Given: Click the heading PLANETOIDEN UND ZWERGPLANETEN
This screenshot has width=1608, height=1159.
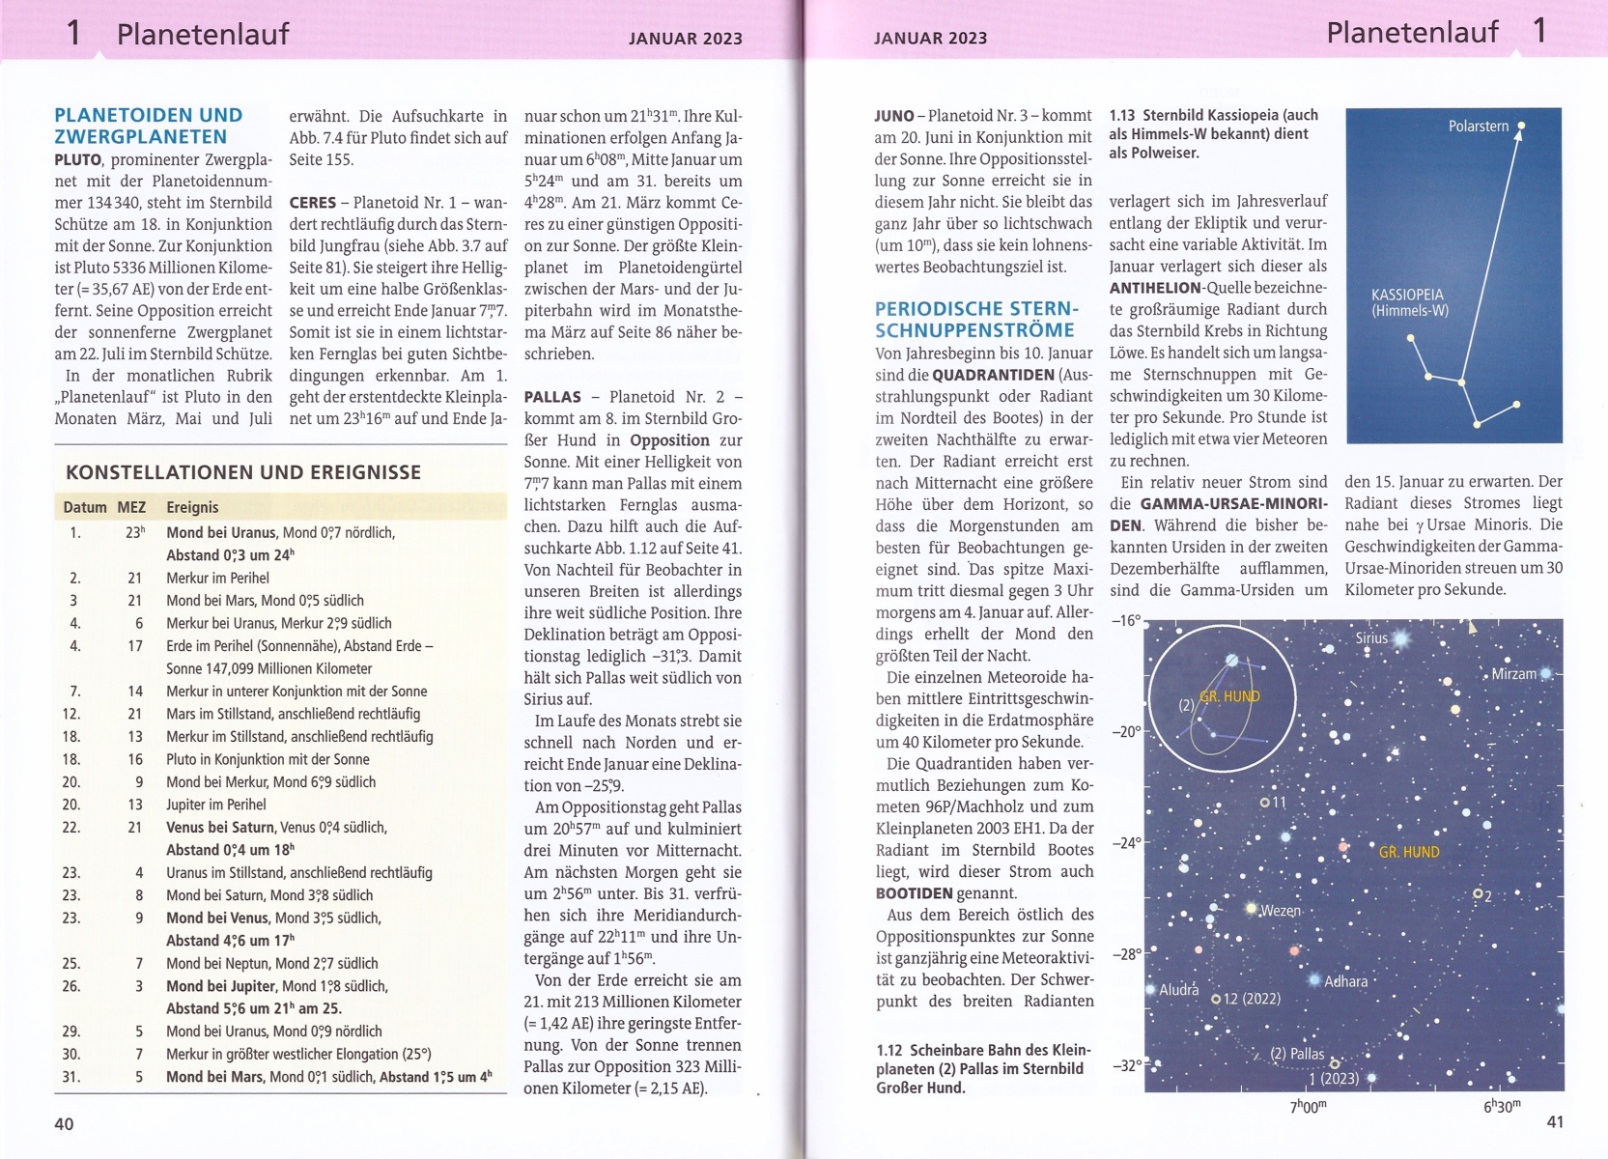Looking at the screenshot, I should pyautogui.click(x=149, y=127).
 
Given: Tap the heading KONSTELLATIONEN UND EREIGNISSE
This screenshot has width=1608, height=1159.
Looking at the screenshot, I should pyautogui.click(x=243, y=472).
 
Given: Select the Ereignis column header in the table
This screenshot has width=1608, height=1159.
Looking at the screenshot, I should pyautogui.click(x=192, y=507).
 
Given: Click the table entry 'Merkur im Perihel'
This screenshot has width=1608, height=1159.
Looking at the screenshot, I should pyautogui.click(x=217, y=578).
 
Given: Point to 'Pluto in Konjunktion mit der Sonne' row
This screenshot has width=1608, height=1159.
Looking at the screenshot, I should pyautogui.click(x=268, y=759).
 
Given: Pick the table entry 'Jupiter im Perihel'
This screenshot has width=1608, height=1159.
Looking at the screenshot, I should pyautogui.click(x=216, y=805).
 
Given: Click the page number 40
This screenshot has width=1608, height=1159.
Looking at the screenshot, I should pyautogui.click(x=64, y=1123).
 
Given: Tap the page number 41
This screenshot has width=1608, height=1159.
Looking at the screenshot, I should pyautogui.click(x=1555, y=1121).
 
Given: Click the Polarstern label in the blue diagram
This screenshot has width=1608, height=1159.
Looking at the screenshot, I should pyautogui.click(x=1478, y=127).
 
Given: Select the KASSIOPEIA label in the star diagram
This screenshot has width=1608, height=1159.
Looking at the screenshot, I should pyautogui.click(x=1407, y=296).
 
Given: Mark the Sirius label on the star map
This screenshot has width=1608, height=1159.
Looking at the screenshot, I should pyautogui.click(x=1371, y=638).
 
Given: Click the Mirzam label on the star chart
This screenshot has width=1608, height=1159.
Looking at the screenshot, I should pyautogui.click(x=1513, y=674).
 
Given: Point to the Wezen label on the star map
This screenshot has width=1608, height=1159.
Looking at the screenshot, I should pyautogui.click(x=1281, y=911).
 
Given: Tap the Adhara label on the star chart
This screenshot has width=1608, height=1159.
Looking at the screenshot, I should pyautogui.click(x=1345, y=981).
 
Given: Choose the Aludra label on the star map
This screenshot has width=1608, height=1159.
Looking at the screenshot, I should pyautogui.click(x=1178, y=990).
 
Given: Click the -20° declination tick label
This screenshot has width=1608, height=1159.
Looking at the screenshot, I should pyautogui.click(x=1126, y=732).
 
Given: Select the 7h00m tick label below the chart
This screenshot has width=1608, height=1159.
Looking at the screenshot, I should pyautogui.click(x=1309, y=1107).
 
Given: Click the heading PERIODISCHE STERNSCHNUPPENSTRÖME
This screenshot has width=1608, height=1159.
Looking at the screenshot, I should pyautogui.click(x=976, y=320).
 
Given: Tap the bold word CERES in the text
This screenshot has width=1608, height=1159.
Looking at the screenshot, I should pyautogui.click(x=313, y=203).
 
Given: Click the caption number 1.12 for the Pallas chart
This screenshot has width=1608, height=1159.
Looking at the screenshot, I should pyautogui.click(x=889, y=1050).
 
